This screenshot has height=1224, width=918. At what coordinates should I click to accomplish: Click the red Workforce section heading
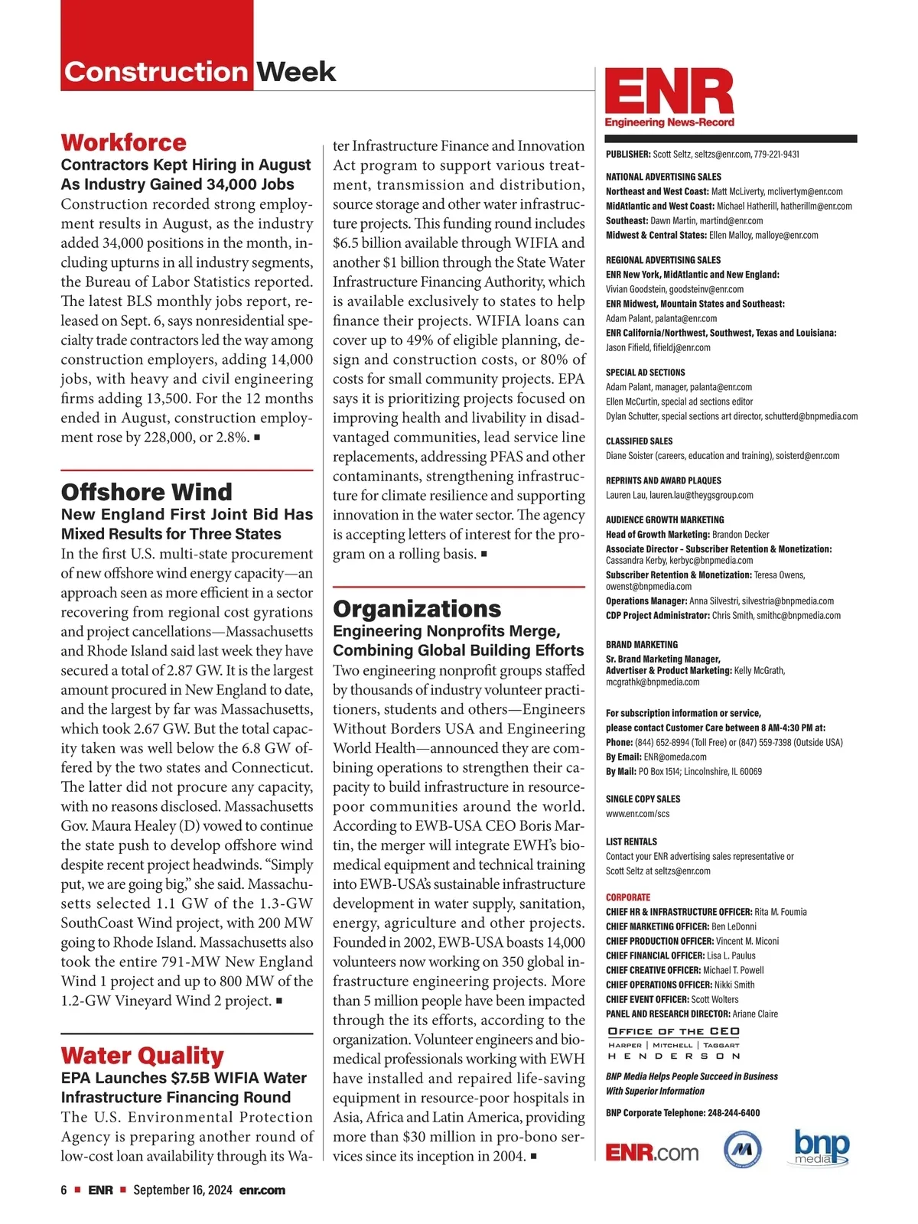click(x=123, y=142)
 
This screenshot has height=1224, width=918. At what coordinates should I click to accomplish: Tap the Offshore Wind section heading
click(x=146, y=492)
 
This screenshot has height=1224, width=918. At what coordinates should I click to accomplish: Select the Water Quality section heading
click(x=142, y=1056)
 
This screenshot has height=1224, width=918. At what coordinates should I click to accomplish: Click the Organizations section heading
click(x=417, y=609)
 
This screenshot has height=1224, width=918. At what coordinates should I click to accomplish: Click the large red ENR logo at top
click(x=669, y=93)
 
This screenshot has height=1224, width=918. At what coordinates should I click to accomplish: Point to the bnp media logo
click(x=822, y=1147)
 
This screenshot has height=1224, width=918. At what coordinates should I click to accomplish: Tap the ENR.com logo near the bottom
click(x=652, y=1153)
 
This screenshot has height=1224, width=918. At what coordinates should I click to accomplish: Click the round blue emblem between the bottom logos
click(x=742, y=1149)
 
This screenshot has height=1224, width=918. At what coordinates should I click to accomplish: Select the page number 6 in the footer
click(x=64, y=1190)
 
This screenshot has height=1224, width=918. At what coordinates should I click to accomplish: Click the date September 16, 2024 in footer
click(x=182, y=1190)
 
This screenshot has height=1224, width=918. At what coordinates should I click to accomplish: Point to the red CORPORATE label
click(x=628, y=897)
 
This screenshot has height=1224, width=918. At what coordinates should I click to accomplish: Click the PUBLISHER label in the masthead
click(x=628, y=155)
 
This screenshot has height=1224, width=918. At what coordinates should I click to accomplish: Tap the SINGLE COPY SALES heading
click(x=643, y=799)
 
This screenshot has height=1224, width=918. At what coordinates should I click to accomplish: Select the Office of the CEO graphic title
click(x=673, y=1032)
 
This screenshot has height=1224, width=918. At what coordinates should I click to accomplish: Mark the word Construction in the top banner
click(x=156, y=72)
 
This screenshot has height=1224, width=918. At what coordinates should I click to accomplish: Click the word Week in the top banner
click(x=295, y=72)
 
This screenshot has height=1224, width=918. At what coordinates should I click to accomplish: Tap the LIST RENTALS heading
click(x=631, y=841)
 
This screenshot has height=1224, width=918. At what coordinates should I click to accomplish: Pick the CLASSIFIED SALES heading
click(x=640, y=441)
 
